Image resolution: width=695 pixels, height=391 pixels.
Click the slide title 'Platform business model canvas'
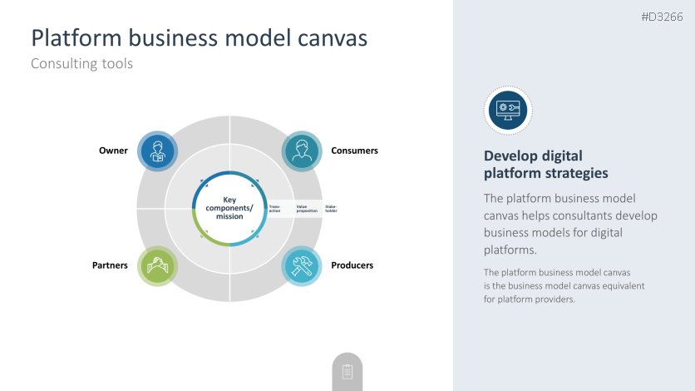tap(199, 38)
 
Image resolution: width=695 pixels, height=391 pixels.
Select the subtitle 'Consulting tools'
tap(81, 63)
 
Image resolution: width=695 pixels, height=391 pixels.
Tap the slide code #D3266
tap(662, 17)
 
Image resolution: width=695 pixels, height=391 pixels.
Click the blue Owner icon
tap(157, 151)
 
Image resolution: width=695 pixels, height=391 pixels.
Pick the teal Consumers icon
tap(302, 151)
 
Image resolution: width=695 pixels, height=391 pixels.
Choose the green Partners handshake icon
tap(157, 266)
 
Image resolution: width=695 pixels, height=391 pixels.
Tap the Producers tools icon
tap(302, 266)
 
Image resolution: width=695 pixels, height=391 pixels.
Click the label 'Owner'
tap(113, 151)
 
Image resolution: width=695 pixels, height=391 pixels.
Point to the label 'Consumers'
tap(354, 151)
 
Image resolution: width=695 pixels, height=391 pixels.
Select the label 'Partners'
tap(110, 265)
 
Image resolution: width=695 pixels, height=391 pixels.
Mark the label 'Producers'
tap(352, 265)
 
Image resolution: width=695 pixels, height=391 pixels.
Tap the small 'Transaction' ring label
tap(275, 208)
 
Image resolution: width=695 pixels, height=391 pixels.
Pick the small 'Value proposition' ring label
tap(307, 208)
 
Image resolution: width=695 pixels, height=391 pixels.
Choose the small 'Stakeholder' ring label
tap(331, 208)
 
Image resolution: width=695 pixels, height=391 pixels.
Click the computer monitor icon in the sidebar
tap(508, 110)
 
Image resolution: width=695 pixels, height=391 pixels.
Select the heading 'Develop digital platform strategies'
tap(545, 165)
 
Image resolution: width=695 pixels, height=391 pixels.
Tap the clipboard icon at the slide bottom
tap(347, 372)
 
